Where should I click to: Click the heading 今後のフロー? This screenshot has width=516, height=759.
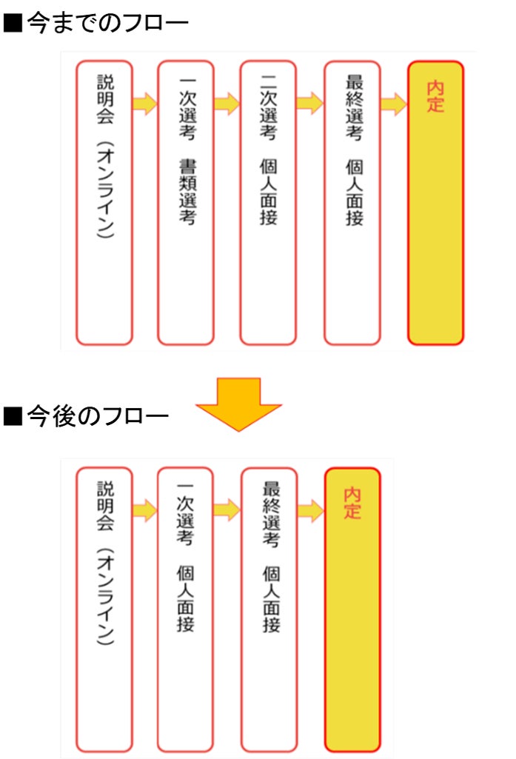(x=87, y=416)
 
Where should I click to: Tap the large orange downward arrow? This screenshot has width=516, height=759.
(x=238, y=402)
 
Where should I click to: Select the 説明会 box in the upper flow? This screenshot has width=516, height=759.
(x=104, y=202)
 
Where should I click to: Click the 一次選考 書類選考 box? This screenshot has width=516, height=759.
(x=186, y=202)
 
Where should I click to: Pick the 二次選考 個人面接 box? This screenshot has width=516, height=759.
(x=268, y=202)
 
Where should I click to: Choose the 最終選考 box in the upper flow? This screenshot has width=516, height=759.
(x=352, y=202)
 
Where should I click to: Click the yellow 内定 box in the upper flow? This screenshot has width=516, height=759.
(x=435, y=202)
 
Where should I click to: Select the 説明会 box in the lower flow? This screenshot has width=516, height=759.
(x=104, y=609)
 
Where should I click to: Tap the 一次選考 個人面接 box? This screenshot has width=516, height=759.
(x=186, y=609)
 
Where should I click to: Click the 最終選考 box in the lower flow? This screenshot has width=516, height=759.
(x=269, y=609)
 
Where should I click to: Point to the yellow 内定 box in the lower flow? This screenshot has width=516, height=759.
(x=352, y=609)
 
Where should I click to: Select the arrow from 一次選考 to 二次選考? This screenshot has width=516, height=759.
(x=227, y=104)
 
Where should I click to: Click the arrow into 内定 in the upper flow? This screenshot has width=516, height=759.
(x=394, y=104)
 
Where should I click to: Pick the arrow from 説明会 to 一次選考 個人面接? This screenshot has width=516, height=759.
(x=145, y=509)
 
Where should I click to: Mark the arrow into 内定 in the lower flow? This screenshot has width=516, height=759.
(x=311, y=509)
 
